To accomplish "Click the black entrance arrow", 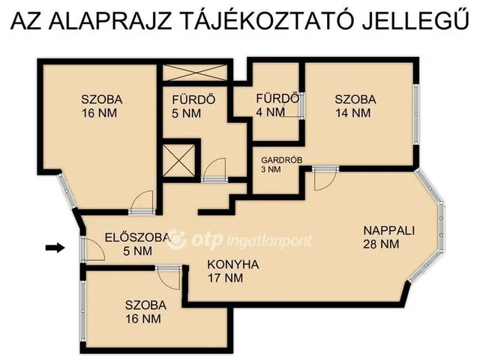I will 55,247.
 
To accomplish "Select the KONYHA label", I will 233,265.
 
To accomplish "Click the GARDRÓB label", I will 281,159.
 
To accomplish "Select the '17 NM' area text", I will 226,278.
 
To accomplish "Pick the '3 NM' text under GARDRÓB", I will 271,169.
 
